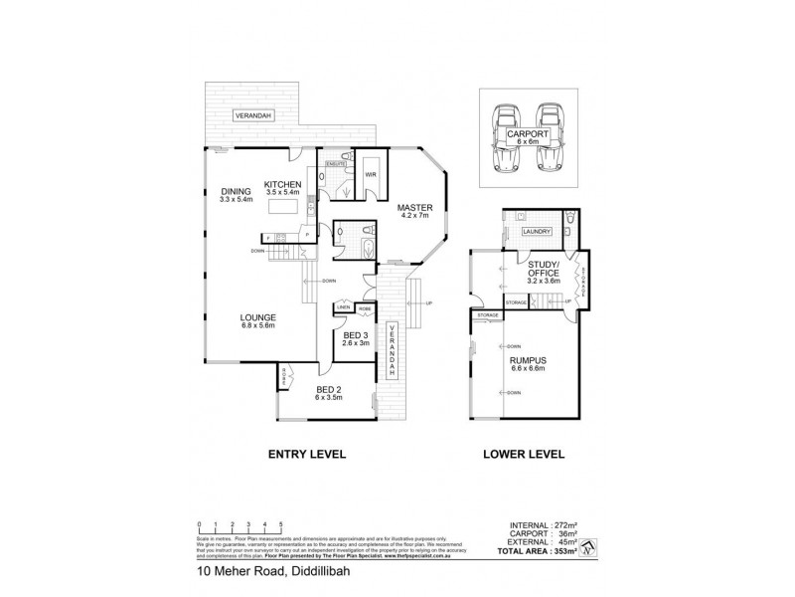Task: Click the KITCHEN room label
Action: pos(283,185)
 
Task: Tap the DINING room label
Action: pos(237,195)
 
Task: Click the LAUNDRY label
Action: pos(537,232)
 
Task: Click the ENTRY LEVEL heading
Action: pos(307,454)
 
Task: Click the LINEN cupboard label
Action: pos(344,307)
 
